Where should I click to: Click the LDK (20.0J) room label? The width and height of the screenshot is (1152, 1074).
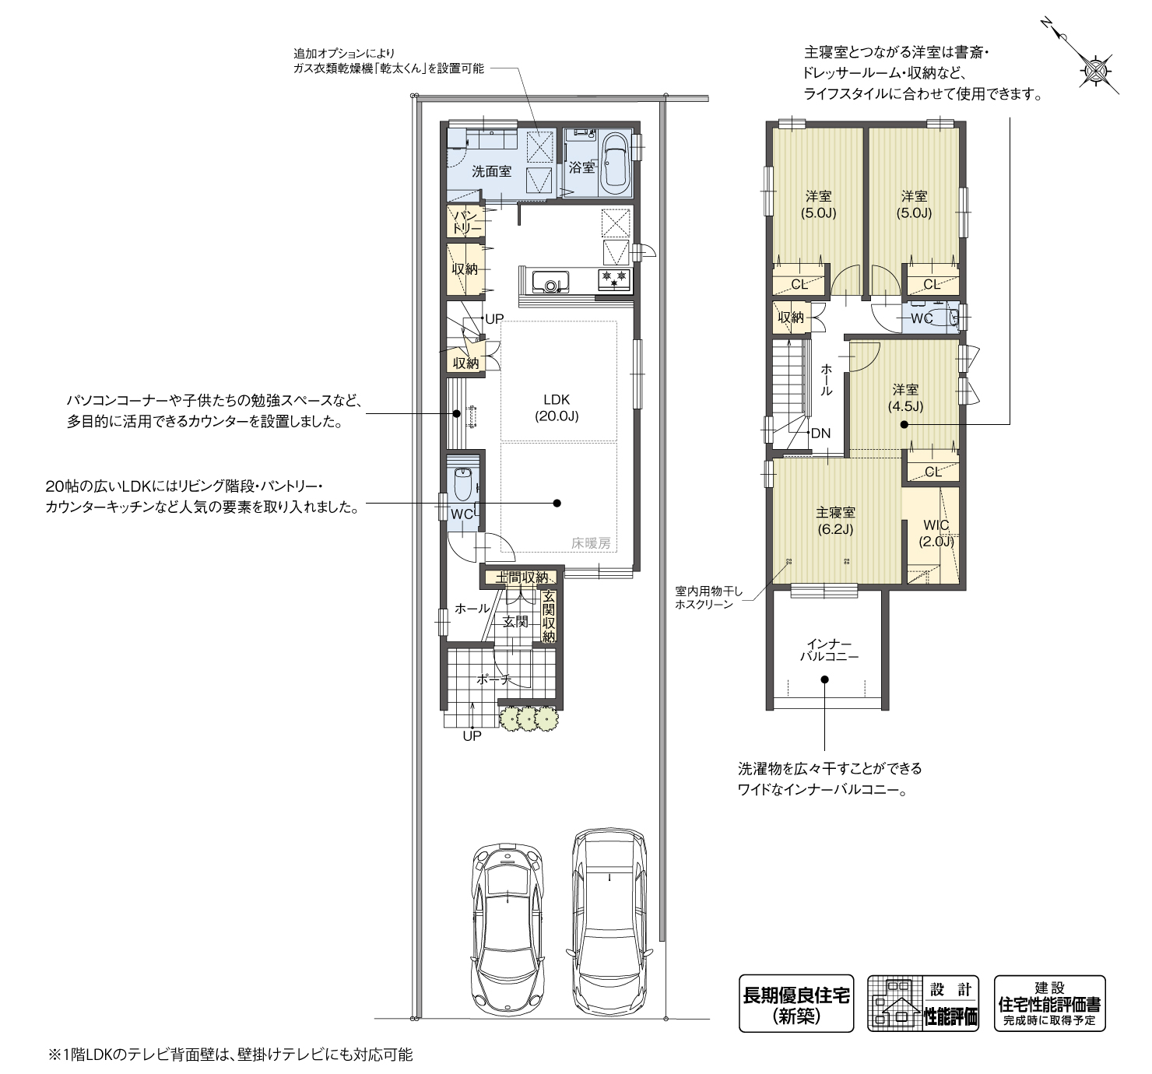click(557, 407)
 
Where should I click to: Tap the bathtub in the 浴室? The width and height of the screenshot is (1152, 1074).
click(614, 163)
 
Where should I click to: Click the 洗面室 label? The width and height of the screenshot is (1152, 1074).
click(491, 171)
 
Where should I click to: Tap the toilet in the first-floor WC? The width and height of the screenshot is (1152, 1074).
click(463, 485)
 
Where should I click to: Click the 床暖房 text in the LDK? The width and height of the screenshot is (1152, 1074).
click(591, 543)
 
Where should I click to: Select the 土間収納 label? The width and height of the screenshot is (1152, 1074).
click(521, 577)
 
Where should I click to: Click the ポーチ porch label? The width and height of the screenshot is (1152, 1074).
click(493, 679)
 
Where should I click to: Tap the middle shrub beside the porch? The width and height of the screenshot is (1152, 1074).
click(527, 719)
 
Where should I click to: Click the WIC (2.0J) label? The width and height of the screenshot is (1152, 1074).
click(936, 533)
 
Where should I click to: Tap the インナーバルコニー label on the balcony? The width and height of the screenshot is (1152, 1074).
click(829, 651)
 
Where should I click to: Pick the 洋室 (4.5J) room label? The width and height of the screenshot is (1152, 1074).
click(905, 398)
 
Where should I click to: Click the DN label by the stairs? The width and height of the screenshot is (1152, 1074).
click(820, 433)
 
